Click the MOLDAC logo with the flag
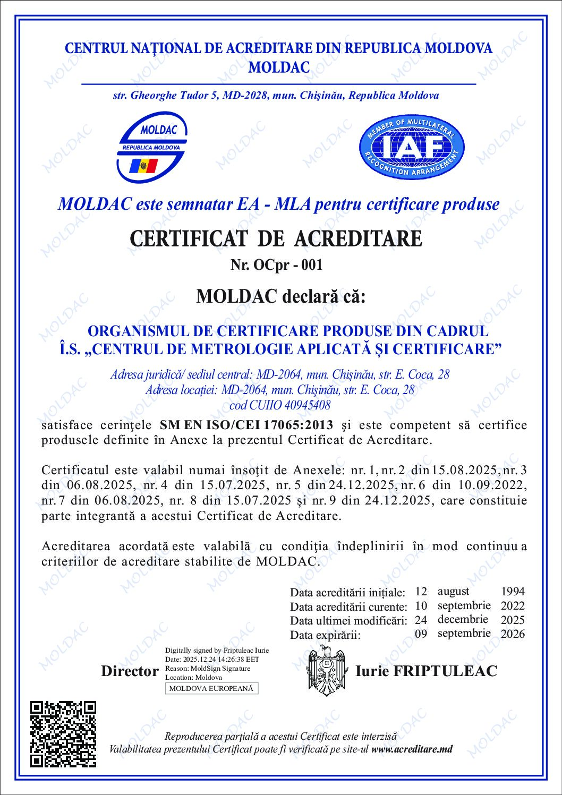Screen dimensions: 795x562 [152, 149]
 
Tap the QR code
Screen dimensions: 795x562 [63, 733]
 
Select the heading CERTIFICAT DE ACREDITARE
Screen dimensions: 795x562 [276, 238]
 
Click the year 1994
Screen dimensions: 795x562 [513, 591]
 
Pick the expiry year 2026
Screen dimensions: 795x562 [513, 634]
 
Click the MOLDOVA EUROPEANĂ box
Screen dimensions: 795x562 [211, 689]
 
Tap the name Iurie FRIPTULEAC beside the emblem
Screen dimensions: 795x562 [426, 671]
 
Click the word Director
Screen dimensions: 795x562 [130, 671]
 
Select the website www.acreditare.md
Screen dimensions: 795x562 [412, 749]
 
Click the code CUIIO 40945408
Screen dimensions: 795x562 [279, 405]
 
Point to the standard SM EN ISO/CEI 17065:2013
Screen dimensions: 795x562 [246, 425]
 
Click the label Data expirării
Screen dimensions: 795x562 [325, 635]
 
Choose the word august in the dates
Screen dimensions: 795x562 [453, 591]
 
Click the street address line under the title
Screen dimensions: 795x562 [276, 96]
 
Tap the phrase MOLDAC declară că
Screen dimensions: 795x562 [281, 296]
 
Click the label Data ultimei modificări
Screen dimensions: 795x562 [348, 620]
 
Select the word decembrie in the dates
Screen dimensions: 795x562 [463, 619]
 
